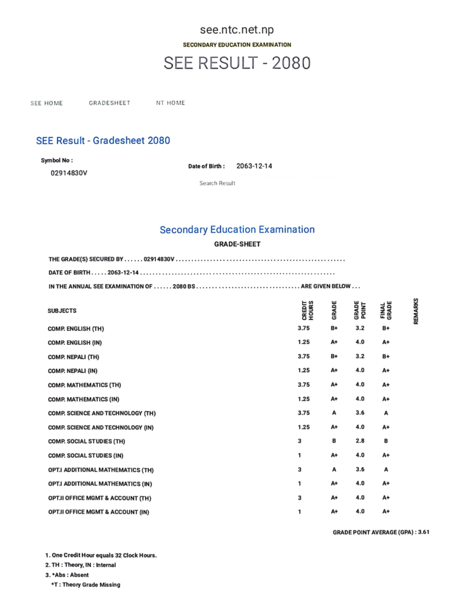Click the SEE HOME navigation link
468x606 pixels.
point(47,103)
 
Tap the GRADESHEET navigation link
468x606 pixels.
point(110,103)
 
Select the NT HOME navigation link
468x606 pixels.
point(171,103)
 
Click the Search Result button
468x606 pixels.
point(217,183)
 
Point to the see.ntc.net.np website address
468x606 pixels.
point(237,30)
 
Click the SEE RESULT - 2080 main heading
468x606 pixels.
point(237,63)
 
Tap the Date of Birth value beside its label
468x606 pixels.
point(254,166)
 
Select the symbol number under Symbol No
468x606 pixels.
point(69,173)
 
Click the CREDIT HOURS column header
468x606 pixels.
point(307,310)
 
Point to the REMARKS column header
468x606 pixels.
point(416,311)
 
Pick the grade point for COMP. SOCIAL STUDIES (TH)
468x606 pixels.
point(360,441)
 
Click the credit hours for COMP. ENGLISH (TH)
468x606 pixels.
point(304,328)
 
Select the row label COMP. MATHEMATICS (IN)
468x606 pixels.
point(84,399)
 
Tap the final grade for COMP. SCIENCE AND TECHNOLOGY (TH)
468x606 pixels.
point(386,413)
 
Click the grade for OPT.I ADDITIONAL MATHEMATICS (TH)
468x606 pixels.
point(334,470)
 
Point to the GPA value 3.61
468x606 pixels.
point(424,532)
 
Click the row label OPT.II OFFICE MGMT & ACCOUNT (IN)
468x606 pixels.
point(99,512)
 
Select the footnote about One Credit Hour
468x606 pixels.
point(101,555)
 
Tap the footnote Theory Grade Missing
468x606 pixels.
point(86,585)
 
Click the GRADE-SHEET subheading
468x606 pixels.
point(237,244)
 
